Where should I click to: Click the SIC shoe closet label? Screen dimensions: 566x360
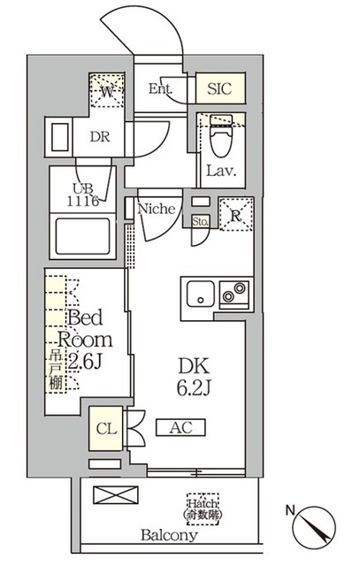coord(220,89)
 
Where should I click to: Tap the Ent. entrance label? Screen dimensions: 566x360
coord(160,88)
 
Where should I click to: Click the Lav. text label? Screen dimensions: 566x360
coord(220,171)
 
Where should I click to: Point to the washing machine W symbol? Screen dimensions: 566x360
coord(107,90)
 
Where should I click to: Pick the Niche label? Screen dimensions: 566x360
coord(161,210)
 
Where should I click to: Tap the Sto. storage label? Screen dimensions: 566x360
coord(201,221)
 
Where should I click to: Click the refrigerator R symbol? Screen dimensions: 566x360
coord(235,215)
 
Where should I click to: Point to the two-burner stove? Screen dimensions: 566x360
coord(235,291)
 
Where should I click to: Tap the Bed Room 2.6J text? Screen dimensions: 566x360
coord(86,340)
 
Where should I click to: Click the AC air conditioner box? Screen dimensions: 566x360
coord(180,428)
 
